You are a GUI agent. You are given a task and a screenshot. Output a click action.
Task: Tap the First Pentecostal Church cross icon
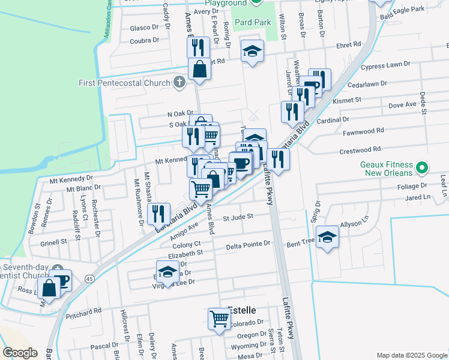(179, 82)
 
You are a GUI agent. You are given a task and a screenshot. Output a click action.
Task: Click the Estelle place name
(242, 310)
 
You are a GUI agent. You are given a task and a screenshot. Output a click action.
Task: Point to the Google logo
(20, 353)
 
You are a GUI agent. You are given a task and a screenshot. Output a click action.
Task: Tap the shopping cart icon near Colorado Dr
(218, 319)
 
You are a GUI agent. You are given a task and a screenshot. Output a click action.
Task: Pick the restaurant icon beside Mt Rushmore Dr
(158, 213)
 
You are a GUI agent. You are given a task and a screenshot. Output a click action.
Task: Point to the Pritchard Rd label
(84, 312)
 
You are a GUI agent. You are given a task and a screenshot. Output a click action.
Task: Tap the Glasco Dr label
(143, 28)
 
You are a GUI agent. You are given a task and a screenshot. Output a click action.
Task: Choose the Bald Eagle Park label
(405, 9)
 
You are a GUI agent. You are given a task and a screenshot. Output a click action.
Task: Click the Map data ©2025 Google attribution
(411, 355)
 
